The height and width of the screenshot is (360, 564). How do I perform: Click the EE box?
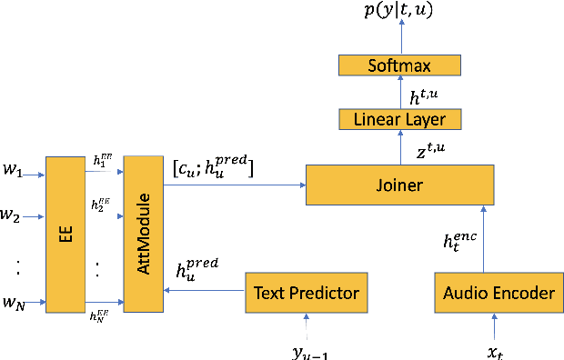pyautogui.click(x=64, y=234)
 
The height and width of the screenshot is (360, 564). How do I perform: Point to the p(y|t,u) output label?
pyautogui.click(x=401, y=13)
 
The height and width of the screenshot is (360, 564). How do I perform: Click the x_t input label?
pyautogui.click(x=497, y=348)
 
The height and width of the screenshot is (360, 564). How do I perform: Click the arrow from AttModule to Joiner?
pyautogui.click(x=232, y=185)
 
